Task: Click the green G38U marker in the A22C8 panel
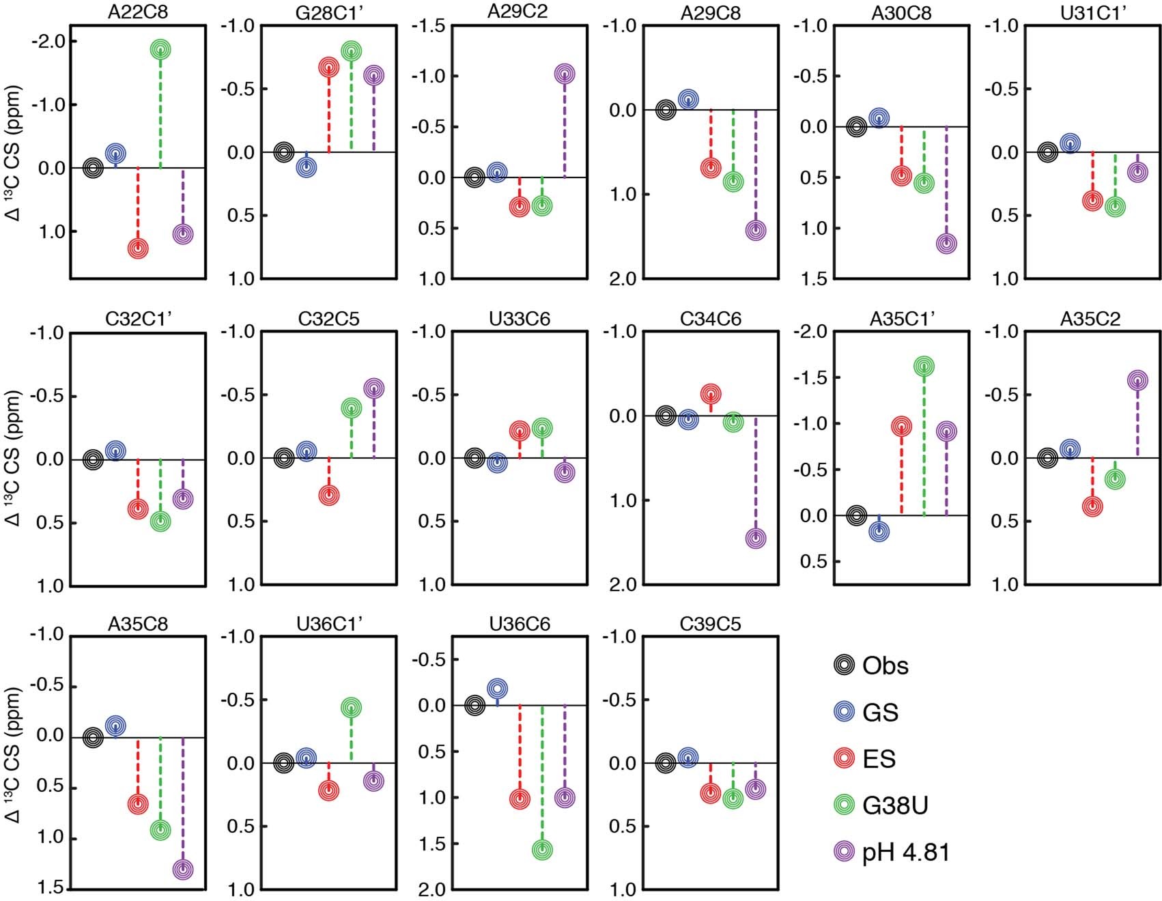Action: point(160,49)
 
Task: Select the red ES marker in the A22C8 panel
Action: point(138,248)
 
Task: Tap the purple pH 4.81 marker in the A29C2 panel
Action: point(564,74)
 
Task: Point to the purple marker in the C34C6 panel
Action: point(755,538)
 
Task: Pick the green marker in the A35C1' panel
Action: point(924,367)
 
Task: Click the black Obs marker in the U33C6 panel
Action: point(475,458)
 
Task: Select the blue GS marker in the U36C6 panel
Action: point(497,688)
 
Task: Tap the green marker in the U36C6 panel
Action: point(542,850)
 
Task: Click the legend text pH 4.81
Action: point(906,852)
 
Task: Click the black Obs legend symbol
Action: point(845,666)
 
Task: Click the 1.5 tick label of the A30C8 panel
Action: point(813,278)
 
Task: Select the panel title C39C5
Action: point(711,624)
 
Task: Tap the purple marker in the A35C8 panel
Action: point(182,870)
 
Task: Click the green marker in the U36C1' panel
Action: point(351,708)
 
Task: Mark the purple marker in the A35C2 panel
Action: point(1137,380)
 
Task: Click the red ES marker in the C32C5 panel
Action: point(328,495)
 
